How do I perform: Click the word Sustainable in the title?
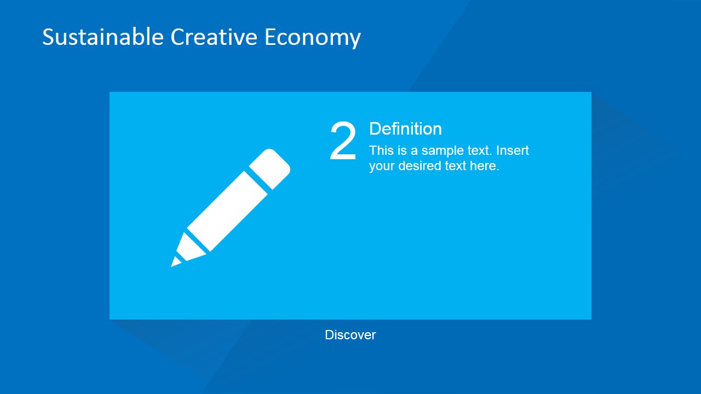(x=102, y=37)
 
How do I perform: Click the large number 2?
(x=343, y=142)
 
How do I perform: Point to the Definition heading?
(x=405, y=129)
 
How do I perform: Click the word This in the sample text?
(x=381, y=150)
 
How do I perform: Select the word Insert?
(x=513, y=150)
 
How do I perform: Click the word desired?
(x=419, y=166)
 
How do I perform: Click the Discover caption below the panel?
(x=350, y=335)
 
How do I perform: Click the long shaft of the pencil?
(x=227, y=211)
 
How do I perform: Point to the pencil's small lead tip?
(x=175, y=262)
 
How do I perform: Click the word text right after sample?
(x=478, y=150)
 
